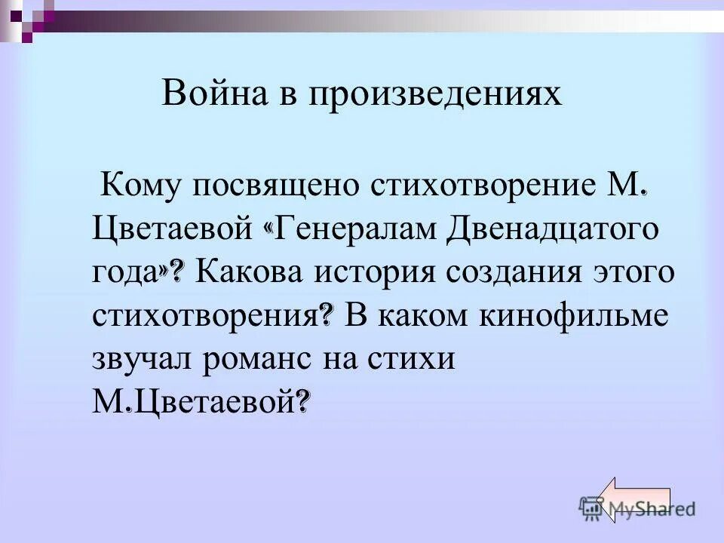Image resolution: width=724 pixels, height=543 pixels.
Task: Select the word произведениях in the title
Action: (x=434, y=95)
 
